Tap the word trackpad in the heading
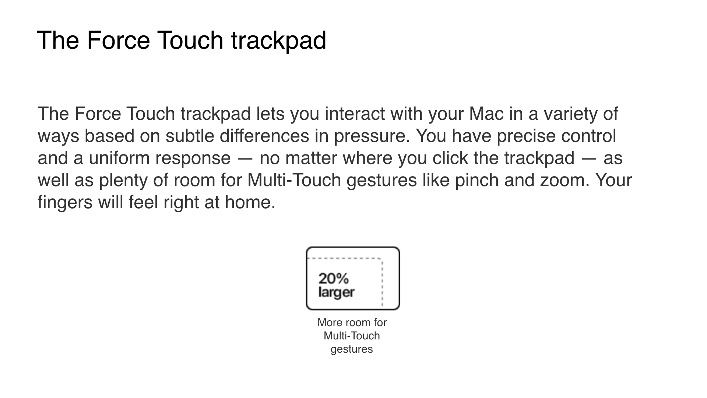[x=279, y=41]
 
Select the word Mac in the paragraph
[x=486, y=114]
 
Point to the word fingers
[x=65, y=203]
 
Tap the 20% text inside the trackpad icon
[x=334, y=279]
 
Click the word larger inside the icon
[x=336, y=293]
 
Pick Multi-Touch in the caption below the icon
[x=352, y=336]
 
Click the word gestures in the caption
[x=352, y=349]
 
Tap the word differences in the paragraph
[x=264, y=136]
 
